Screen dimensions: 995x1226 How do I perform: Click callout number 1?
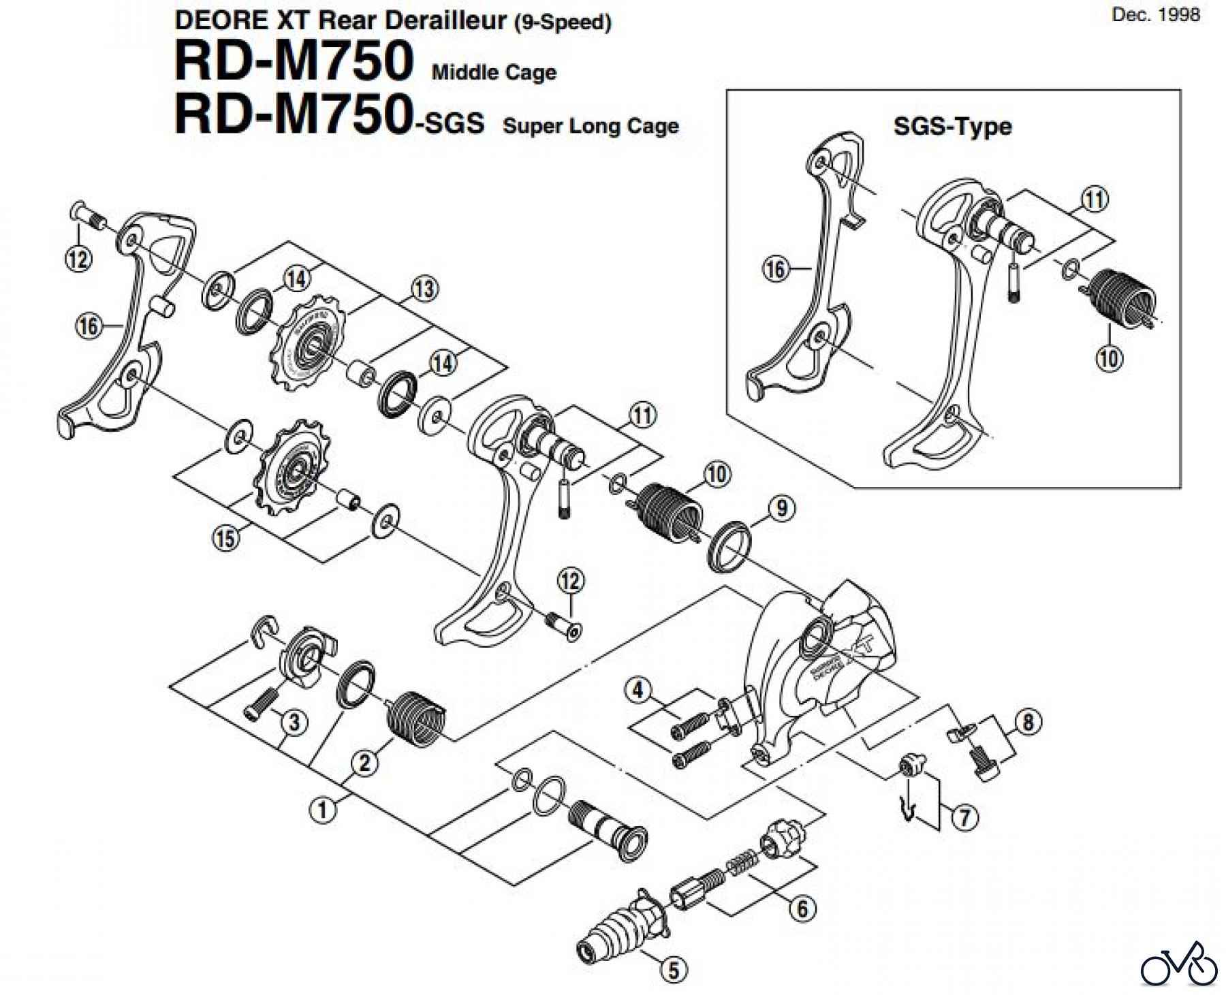click(323, 810)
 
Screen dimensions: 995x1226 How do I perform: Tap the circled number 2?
click(364, 762)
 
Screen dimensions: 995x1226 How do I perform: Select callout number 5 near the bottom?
click(674, 970)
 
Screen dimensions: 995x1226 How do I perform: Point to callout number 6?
click(802, 909)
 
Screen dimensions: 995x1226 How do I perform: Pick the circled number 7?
click(964, 817)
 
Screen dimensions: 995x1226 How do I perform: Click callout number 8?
click(1028, 722)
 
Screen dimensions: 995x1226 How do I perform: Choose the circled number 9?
click(781, 507)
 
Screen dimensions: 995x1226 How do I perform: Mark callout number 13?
click(424, 289)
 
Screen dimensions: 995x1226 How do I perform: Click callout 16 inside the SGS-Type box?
click(774, 269)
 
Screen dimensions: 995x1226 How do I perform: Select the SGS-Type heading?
click(952, 126)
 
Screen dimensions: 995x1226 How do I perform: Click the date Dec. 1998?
click(1155, 15)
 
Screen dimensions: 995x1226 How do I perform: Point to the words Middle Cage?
click(494, 72)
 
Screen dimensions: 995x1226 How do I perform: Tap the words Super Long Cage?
click(591, 126)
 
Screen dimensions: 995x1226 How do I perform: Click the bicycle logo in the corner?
click(1178, 966)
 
